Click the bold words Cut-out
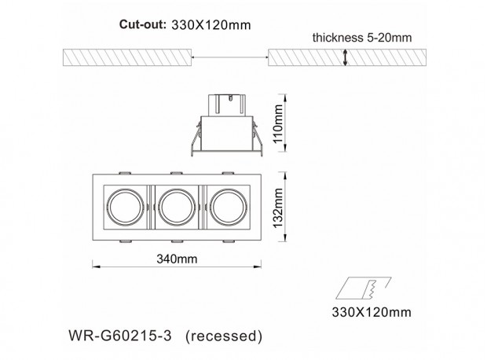coord(142,24)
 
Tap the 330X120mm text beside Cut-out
coord(211,25)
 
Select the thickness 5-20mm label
coord(362,38)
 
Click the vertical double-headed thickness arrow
coord(345,58)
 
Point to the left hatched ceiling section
coord(127,57)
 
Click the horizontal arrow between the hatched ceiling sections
coord(230,57)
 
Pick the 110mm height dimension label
coord(278,123)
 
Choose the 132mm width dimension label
coord(278,208)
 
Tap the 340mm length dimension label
coord(177,259)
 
